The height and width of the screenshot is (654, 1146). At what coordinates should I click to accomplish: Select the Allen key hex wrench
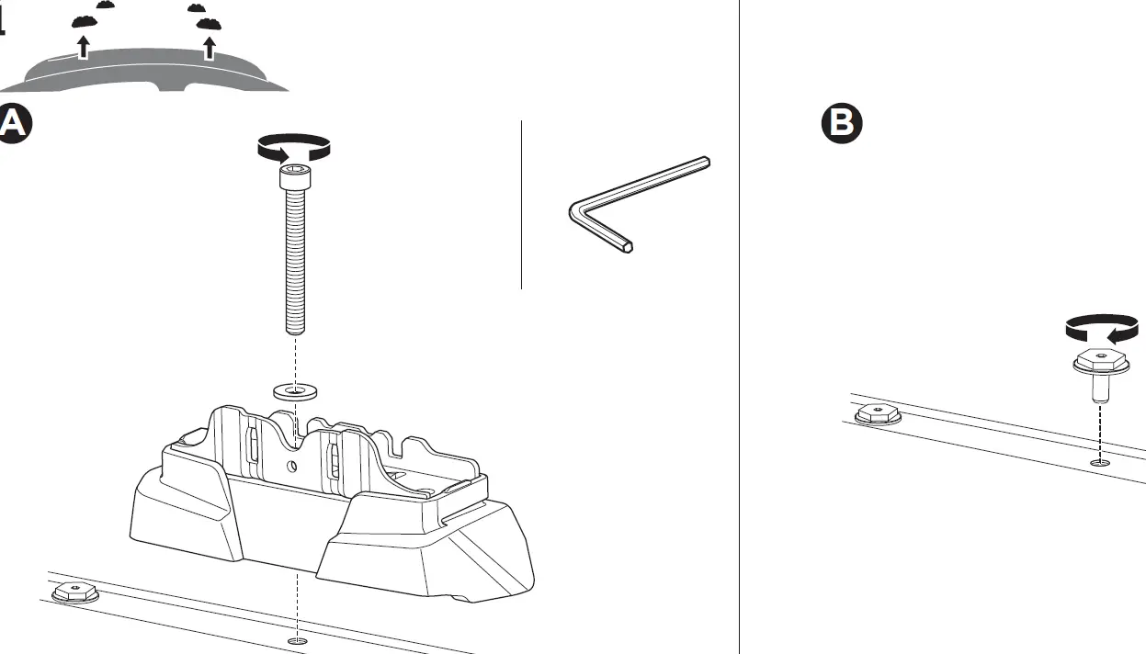pos(634,204)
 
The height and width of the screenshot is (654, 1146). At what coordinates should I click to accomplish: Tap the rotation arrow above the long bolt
pos(292,148)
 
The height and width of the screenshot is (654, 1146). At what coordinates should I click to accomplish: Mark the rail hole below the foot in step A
pos(295,639)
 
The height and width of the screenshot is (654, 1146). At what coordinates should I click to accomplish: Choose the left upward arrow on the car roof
pos(84,46)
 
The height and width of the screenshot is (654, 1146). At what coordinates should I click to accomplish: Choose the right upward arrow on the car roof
pos(210,45)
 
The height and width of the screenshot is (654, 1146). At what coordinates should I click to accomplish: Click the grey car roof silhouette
pos(147,73)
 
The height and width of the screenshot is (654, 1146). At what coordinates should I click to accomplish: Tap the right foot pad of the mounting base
pos(432,551)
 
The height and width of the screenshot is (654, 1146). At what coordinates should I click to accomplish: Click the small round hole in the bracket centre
pos(294,467)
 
